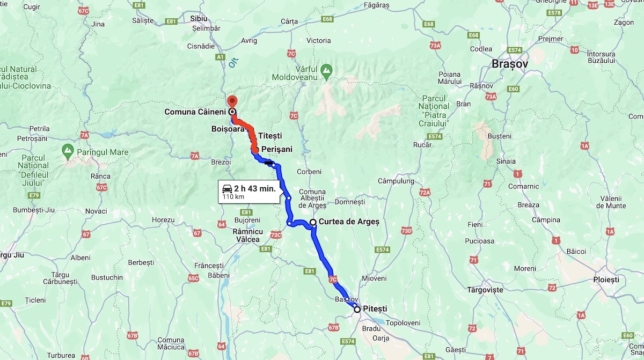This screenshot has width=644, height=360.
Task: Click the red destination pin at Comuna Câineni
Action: coord(232,101)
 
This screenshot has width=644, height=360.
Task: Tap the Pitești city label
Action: coord(375,308)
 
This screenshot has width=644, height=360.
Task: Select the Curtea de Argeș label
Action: coord(349,222)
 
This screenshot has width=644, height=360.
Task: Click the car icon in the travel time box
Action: coord(227,189)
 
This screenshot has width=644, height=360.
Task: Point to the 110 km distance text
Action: coord(233,197)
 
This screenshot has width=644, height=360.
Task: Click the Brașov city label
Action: coord(510,63)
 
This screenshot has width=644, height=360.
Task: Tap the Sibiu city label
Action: coord(199,18)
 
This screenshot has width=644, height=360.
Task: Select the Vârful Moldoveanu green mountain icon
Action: coord(326,69)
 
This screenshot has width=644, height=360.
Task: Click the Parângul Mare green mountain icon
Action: coord(68,149)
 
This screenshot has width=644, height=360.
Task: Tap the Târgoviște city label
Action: coord(485,290)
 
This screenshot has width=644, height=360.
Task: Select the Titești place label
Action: coord(270,136)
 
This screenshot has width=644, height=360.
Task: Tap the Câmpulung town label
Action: coord(396,181)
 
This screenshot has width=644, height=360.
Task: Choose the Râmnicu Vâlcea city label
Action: coord(247,235)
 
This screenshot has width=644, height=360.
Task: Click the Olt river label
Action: coord(233,63)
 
